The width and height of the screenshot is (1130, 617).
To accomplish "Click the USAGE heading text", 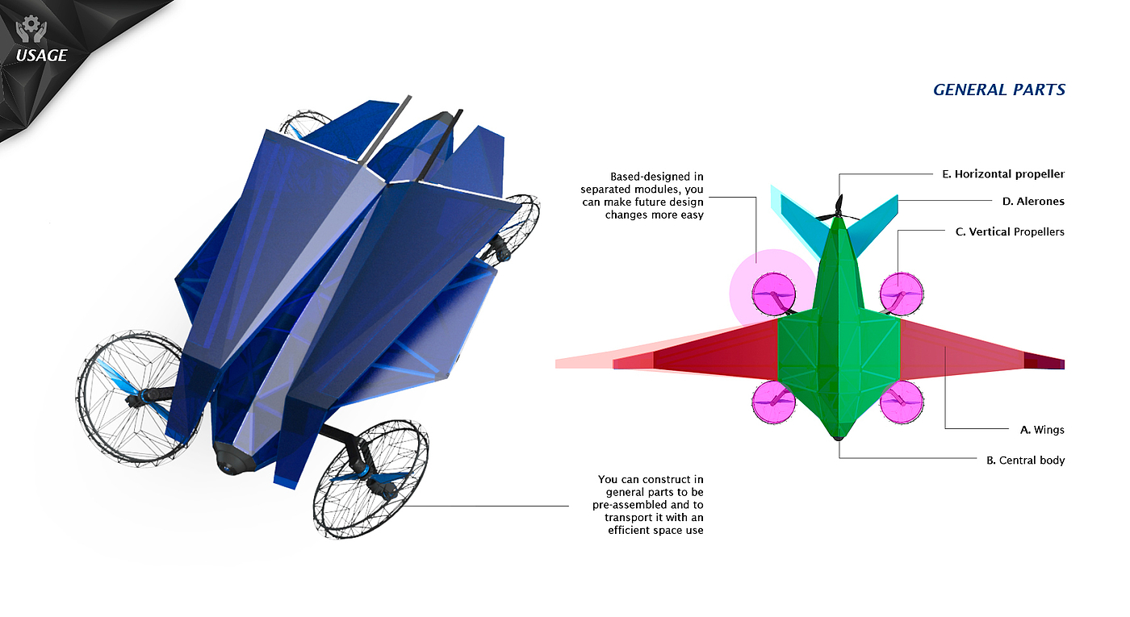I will (41, 56).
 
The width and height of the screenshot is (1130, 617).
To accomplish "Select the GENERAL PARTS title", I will (999, 90).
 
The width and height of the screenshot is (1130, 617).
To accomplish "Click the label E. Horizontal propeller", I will (1003, 174).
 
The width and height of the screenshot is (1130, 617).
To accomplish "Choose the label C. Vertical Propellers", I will (1009, 232).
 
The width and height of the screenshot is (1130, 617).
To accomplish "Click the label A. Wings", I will (1042, 430).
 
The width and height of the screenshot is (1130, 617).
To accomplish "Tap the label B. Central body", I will (1025, 461).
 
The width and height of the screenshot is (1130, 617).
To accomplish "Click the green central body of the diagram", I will (839, 347).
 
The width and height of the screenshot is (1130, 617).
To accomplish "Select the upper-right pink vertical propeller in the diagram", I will (901, 294).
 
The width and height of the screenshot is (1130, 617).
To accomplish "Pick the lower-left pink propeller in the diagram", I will (773, 402).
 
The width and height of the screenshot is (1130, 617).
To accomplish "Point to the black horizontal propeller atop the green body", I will (839, 209).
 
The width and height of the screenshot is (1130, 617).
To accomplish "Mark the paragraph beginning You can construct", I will (651, 505).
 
